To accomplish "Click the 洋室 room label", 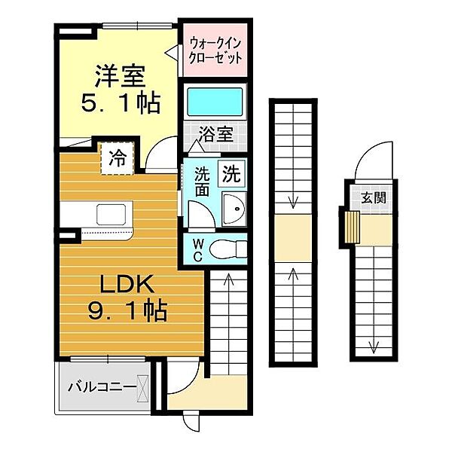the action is (x=121, y=76).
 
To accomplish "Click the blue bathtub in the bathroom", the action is (x=215, y=102).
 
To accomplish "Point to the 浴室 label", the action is (x=216, y=134).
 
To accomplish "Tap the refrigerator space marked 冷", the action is (x=118, y=158).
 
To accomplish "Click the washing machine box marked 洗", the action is (x=231, y=173).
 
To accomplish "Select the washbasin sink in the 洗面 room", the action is (x=234, y=209).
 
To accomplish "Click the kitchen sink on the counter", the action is (x=111, y=214).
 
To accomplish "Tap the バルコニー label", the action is (x=102, y=387).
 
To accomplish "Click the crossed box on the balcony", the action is (x=142, y=388).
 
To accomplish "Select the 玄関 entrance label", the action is (x=374, y=198).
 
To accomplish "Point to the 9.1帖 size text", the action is (x=127, y=311).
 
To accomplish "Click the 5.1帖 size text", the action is (x=121, y=102).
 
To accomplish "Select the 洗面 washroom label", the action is (x=201, y=182).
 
